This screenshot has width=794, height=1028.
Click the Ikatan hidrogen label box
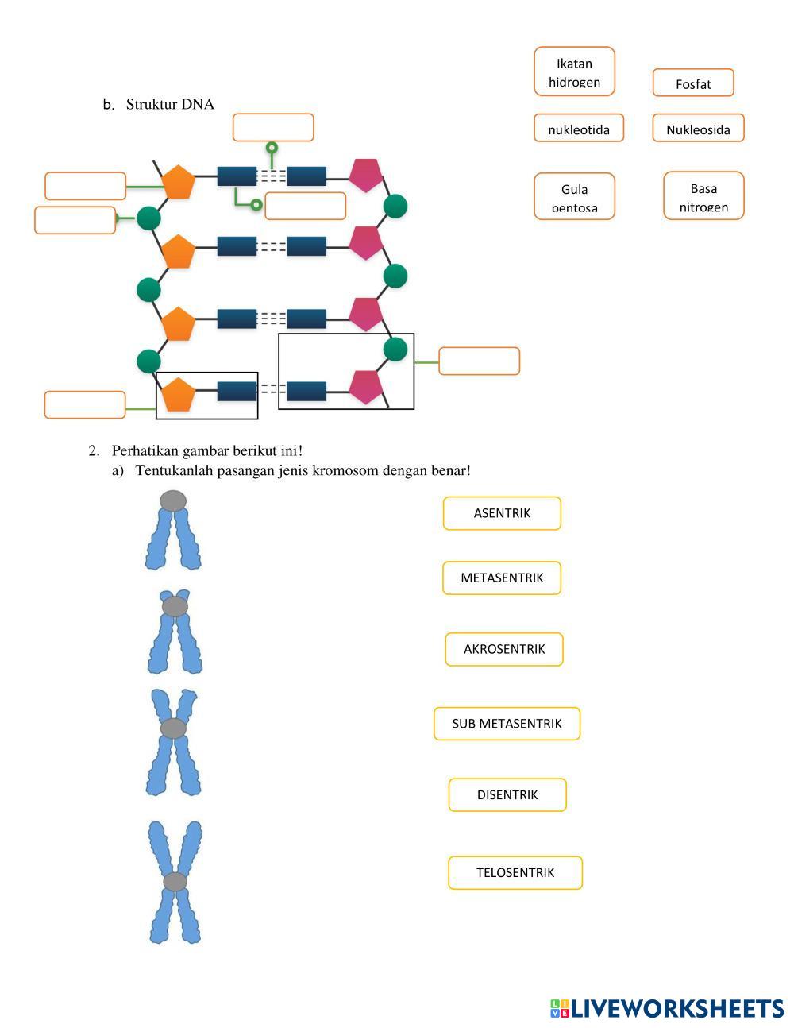click(574, 71)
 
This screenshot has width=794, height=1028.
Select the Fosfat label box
click(693, 83)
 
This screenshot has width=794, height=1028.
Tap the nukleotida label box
click(579, 128)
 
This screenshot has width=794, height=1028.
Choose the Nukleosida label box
click(698, 129)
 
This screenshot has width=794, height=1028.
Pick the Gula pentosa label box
click(574, 196)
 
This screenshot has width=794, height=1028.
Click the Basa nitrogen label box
click(703, 195)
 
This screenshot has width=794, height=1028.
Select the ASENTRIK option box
click(502, 513)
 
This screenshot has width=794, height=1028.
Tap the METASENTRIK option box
click(502, 578)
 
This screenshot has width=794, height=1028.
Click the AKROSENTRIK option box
click(504, 649)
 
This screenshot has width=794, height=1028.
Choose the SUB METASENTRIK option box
click(507, 723)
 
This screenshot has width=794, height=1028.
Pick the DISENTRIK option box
click(507, 794)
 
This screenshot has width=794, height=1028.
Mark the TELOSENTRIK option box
click(515, 872)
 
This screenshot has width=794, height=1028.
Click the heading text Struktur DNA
click(170, 104)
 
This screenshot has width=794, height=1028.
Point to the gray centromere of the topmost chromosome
click(173, 500)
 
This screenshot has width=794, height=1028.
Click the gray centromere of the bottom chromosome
click(175, 881)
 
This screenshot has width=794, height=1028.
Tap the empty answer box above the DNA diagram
click(273, 127)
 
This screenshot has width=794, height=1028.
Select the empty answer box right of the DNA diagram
click(479, 361)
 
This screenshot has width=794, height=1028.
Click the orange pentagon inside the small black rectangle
click(179, 395)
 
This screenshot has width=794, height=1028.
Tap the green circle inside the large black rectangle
click(395, 349)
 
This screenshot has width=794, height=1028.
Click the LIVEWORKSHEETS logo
click(667, 1008)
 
